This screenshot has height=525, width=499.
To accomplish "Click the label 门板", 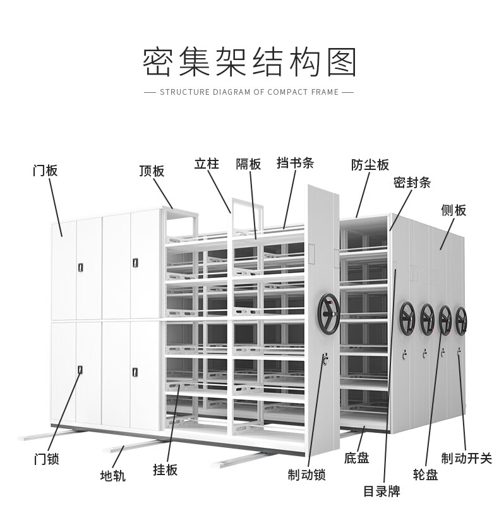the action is pos(45,171).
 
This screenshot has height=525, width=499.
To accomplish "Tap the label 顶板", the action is pos(152,171).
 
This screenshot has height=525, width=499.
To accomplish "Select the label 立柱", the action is pos(207,164).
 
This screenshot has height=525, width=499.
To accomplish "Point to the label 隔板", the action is pos(248,164).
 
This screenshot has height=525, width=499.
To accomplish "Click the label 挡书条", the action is pos(295,163).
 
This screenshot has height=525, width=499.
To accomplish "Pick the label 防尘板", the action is pos(370,165).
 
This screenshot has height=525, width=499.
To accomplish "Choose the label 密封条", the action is pos(412,183).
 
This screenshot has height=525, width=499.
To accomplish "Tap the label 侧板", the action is pos(454,210).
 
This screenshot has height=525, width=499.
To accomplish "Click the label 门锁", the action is pos(47,459).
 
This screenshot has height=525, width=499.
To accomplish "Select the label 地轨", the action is pos(113,476).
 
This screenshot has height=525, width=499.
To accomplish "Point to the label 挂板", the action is pos(165,469).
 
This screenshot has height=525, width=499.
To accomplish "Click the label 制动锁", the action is pos(306,474).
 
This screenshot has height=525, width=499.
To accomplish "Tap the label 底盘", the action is pos(357,457).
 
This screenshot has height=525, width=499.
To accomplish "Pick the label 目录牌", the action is pos(382,492).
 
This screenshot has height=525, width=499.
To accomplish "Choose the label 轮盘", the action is pos(425,474).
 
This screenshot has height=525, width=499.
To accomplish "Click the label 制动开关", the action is pos(467,458).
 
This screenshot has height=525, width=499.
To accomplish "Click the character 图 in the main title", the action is pos(341,62).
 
